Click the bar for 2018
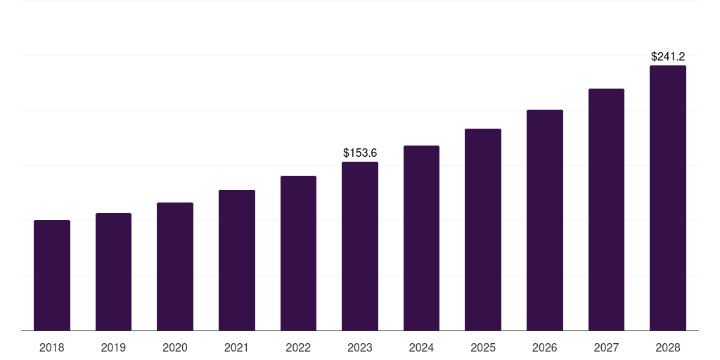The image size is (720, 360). point(52,275)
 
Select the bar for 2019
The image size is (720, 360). point(113,271)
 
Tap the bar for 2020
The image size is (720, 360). point(175,266)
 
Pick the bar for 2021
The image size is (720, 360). point(237,260)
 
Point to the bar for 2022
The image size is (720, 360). point(298,253)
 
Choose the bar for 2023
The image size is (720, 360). point(360,246)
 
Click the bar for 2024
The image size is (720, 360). point(421,238)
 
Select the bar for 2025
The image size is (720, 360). point(483,229)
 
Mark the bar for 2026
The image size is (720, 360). point(545,220)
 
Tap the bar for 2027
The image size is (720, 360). point(606,210)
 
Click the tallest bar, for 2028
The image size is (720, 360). point(668,198)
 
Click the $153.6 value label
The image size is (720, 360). point(360,153)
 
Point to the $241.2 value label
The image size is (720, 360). point(668,56)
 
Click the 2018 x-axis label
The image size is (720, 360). point(52,347)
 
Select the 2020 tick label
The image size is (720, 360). point(175,347)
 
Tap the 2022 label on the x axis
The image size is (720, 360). point(298,347)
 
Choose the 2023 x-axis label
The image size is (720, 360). point(360,347)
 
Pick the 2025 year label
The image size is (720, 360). point(483,347)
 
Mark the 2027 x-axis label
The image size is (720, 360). point(606,347)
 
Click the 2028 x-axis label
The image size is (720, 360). point(668,347)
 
